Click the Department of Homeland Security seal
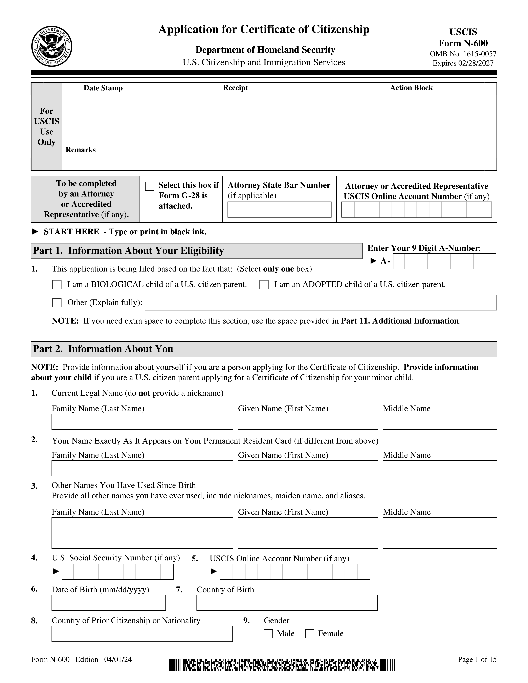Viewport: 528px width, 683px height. click(52, 46)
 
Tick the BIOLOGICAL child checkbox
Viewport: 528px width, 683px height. click(57, 285)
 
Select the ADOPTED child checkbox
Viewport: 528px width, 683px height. click(264, 285)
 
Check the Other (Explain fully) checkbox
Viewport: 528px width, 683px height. click(57, 303)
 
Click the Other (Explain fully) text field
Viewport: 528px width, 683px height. click(321, 303)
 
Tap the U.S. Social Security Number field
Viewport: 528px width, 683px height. click(118, 572)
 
